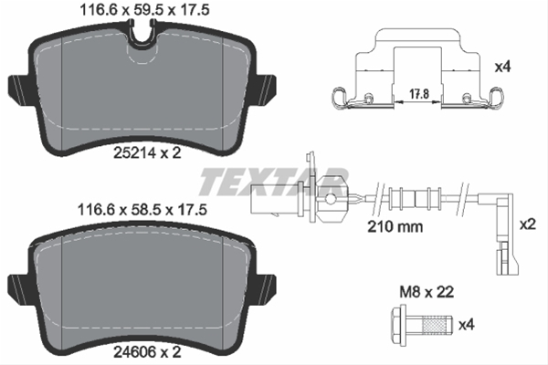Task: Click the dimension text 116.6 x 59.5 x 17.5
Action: pyautogui.click(x=142, y=11)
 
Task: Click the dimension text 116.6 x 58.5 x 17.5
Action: pyautogui.click(x=142, y=208)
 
